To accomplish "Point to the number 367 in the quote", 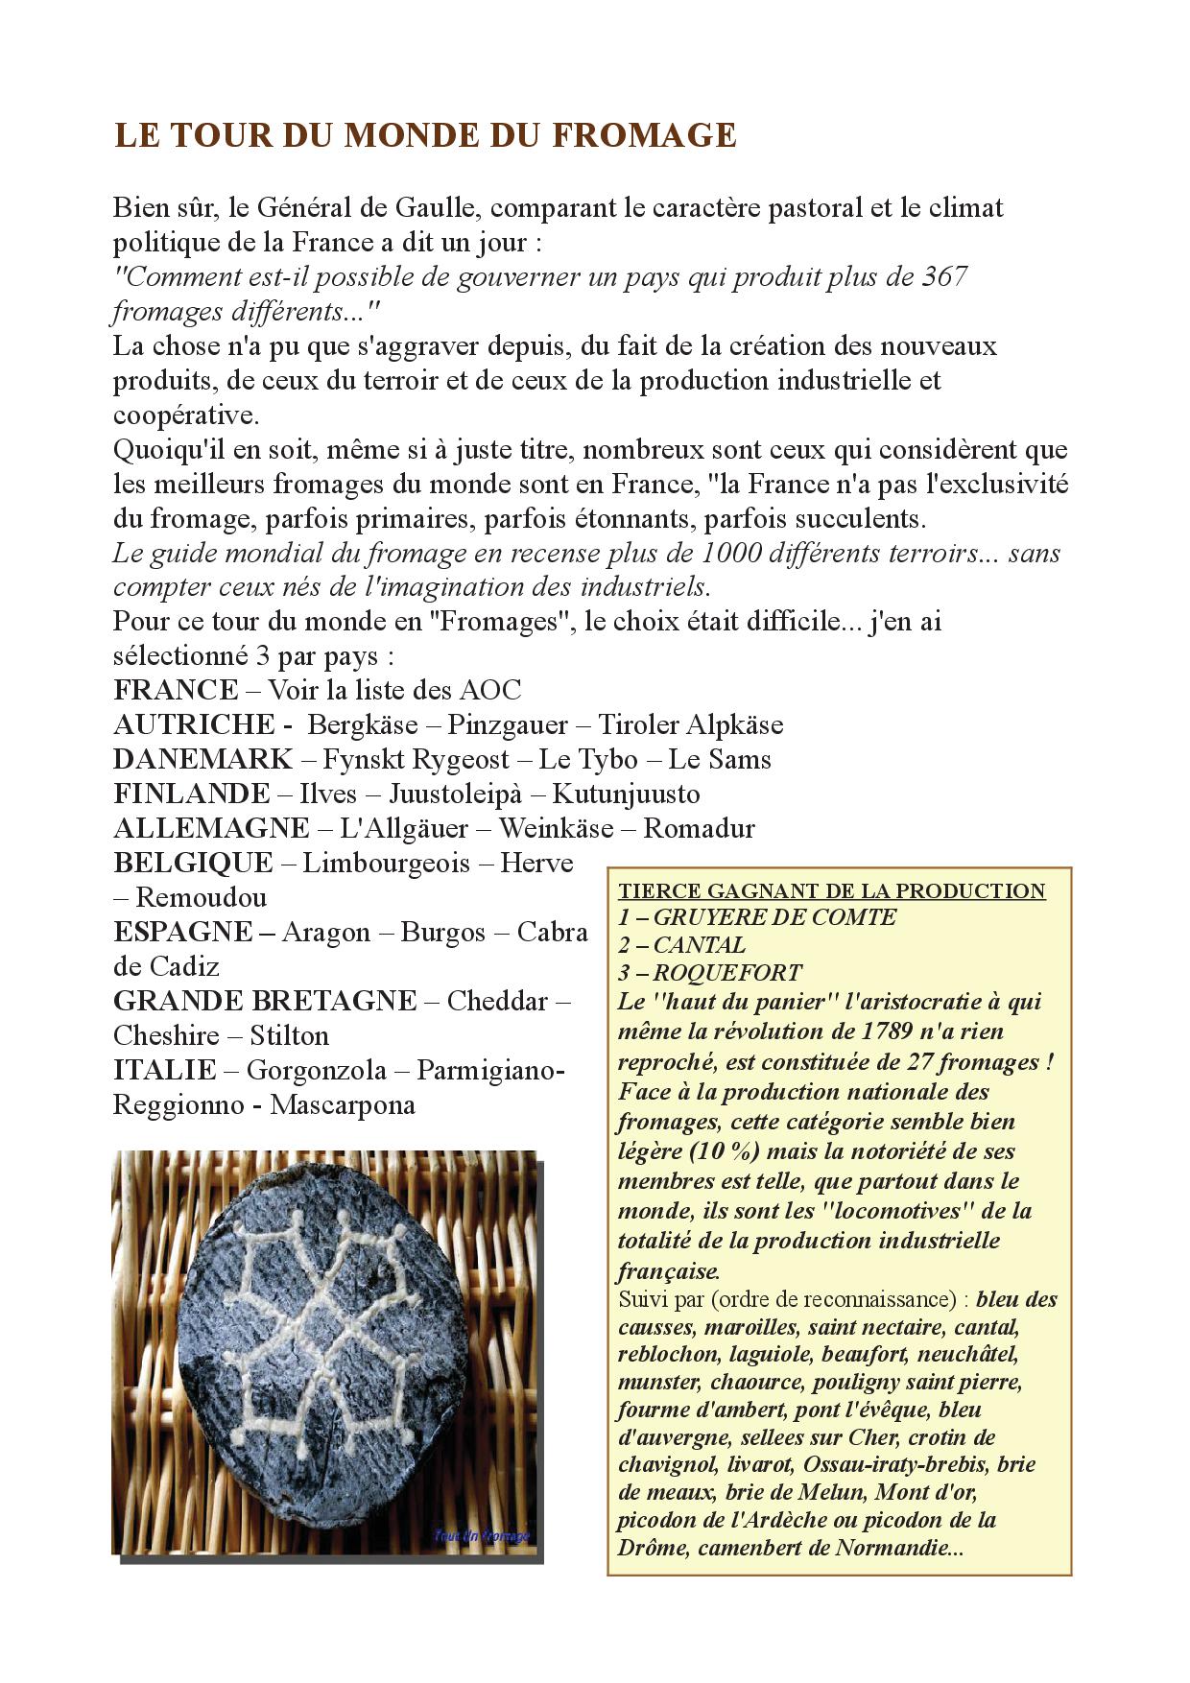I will coord(943,277).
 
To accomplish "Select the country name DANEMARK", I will coord(202,759).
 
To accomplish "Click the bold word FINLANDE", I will coord(192,794).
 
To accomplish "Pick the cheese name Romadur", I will coord(699,828).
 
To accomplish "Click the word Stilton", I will coord(289,1035).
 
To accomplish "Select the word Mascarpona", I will coord(343,1104).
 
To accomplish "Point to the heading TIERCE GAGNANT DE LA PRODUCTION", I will coord(831,890).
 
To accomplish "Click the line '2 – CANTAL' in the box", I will coord(681,945).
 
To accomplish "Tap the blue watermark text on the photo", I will coord(481,1536).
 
